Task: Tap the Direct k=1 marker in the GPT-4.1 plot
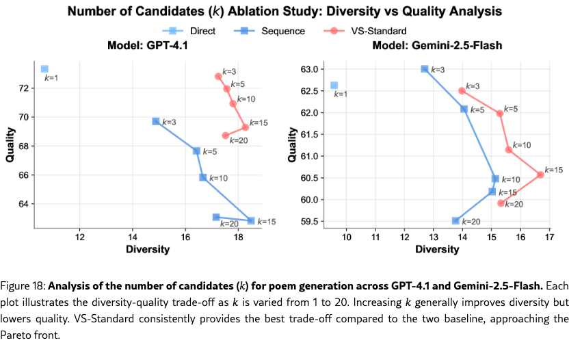coord(44,69)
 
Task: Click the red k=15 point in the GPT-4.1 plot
coord(245,127)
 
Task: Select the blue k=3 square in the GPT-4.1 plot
coord(156,121)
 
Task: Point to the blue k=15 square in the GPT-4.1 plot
coord(251,220)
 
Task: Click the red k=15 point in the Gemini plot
coord(540,175)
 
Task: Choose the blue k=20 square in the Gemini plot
coord(455,220)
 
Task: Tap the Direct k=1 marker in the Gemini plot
coord(334,86)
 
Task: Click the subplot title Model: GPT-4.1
coord(148,46)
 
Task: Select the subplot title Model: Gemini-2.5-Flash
coord(437,46)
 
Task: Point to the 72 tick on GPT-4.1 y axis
coord(24,88)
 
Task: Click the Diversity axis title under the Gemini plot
coord(437,249)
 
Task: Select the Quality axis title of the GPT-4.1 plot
coord(10,146)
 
